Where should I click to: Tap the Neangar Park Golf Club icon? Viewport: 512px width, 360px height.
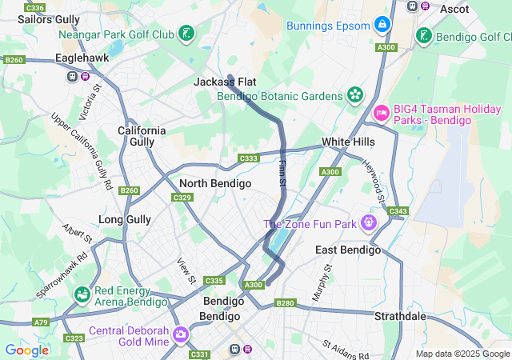(x=186, y=34)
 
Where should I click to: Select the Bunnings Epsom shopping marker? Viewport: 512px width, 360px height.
(x=383, y=25)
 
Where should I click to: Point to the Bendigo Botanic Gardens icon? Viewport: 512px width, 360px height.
(x=355, y=95)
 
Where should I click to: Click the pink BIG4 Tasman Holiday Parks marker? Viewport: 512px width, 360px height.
(x=381, y=113)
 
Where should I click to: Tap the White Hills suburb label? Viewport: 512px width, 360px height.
(x=348, y=142)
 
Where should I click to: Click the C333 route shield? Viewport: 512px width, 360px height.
(x=249, y=158)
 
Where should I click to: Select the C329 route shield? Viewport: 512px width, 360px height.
(x=182, y=198)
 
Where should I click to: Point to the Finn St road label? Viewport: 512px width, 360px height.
(x=282, y=174)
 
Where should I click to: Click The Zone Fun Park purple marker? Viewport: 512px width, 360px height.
(x=369, y=222)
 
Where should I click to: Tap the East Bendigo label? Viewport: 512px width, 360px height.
(x=348, y=250)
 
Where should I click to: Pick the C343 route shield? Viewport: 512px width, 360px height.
(x=397, y=212)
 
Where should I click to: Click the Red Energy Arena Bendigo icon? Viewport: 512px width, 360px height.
(x=82, y=296)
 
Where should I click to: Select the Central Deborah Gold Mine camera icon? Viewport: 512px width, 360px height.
(x=181, y=333)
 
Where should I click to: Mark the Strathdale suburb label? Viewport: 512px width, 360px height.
(x=401, y=316)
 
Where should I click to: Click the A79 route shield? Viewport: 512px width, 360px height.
(x=41, y=322)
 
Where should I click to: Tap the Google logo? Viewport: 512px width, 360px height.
(x=26, y=350)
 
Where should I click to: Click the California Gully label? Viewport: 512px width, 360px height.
(x=142, y=136)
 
